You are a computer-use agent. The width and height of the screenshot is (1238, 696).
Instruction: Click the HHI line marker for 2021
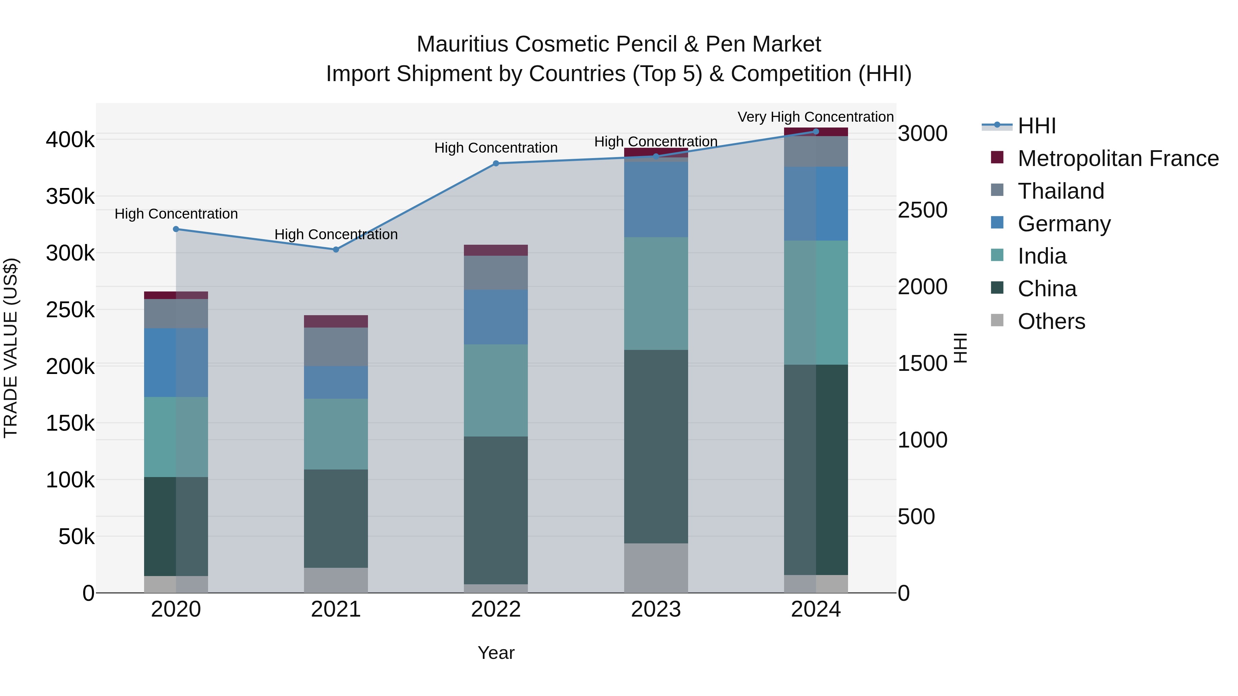336,249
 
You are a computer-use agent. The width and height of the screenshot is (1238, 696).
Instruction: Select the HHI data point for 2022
496,163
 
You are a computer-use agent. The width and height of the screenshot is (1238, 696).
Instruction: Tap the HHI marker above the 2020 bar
176,229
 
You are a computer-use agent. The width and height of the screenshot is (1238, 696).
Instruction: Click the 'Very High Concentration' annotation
816,117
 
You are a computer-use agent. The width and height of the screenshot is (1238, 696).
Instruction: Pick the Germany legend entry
1064,224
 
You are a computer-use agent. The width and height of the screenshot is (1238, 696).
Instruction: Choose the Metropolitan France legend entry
1118,158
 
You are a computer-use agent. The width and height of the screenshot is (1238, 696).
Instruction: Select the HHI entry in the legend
1036,126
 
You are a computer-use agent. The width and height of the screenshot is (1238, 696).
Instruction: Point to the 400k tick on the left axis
70,140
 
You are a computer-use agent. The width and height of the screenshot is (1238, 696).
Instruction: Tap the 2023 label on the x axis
655,609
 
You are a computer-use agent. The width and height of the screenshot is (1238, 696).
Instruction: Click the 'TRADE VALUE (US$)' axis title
11,348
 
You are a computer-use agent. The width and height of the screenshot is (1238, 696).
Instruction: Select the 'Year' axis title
496,653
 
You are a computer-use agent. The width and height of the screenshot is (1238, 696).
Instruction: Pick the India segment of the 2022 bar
496,390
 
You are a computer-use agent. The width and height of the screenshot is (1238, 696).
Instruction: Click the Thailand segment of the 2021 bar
336,347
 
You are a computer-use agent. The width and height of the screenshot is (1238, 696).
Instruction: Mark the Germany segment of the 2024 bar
816,204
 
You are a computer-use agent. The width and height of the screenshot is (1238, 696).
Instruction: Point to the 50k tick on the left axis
76,537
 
